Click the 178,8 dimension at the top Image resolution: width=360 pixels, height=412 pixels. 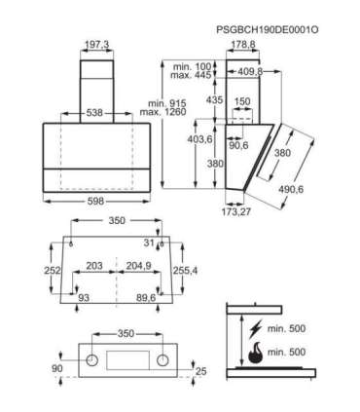click(x=242, y=45)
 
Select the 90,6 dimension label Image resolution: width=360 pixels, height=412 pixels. click(x=238, y=146)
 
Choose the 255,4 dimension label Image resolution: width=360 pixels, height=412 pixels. click(x=187, y=270)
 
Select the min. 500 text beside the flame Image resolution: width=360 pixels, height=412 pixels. click(x=288, y=351)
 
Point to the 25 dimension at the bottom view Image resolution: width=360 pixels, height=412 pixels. click(x=199, y=372)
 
